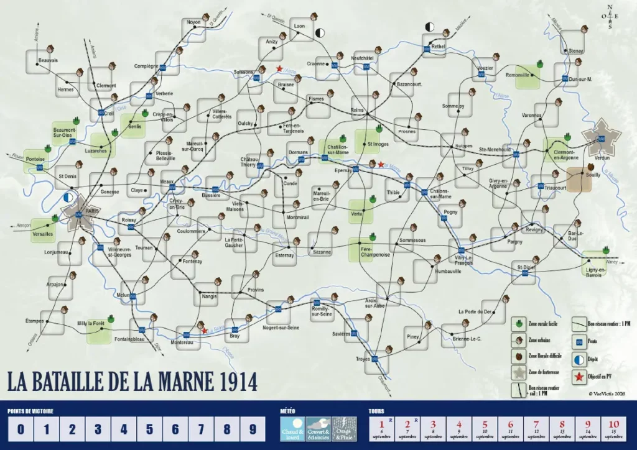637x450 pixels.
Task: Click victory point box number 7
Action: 201,429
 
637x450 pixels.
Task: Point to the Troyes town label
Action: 363,359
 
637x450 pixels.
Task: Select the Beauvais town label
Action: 48,60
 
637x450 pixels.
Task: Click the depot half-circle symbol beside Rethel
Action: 429,26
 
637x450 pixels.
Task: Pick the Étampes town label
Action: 35,321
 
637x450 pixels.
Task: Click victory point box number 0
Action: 21,429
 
